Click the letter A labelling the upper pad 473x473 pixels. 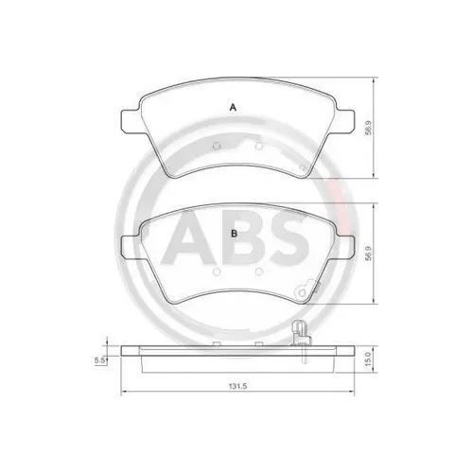[234, 108]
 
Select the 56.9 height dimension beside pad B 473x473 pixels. [368, 253]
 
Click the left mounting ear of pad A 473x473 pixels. [130, 121]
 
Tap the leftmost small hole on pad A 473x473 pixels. [217, 147]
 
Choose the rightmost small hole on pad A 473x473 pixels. [301, 166]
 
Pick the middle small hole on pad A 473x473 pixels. [258, 147]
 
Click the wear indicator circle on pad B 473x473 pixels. [305, 290]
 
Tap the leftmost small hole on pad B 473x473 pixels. [217, 270]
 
